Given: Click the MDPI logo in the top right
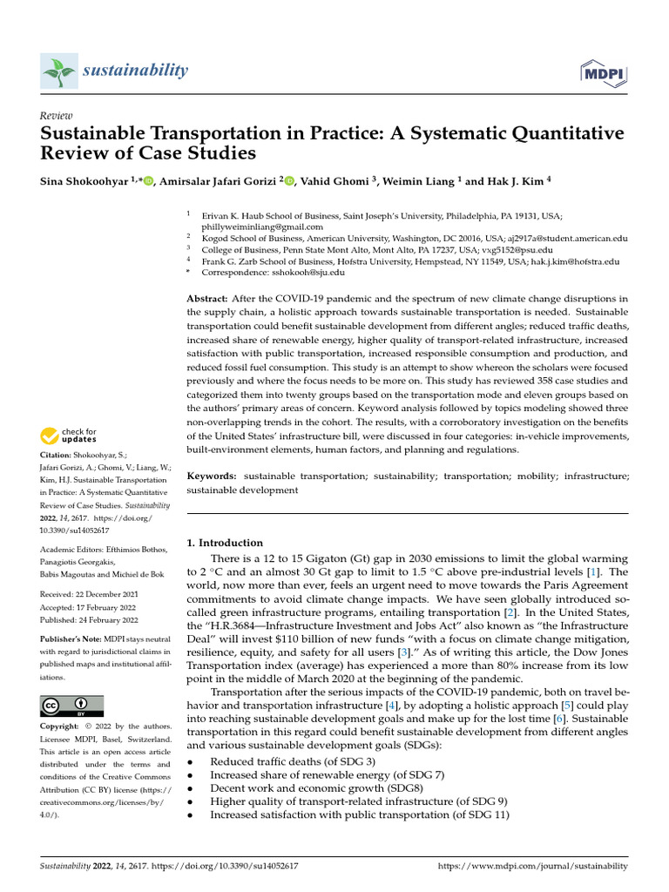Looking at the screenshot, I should tap(602, 76).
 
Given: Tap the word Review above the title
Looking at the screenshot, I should tap(57, 116).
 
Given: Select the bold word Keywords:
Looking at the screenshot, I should tap(212, 476).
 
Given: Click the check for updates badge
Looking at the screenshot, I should tap(69, 436).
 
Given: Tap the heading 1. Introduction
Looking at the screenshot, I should tap(225, 543).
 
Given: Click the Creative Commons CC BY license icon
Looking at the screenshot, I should tap(71, 706).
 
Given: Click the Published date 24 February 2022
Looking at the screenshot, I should tap(92, 620).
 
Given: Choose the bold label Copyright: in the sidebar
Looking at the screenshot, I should tap(62, 726).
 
